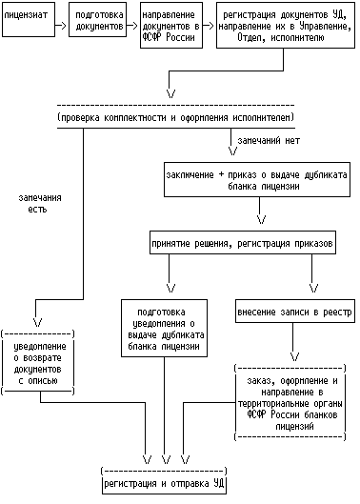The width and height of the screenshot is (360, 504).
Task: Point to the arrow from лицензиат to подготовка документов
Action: coord(61,26)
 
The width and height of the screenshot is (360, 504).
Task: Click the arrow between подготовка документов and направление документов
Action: coord(132,26)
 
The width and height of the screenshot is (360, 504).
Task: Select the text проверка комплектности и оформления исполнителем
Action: coord(176,117)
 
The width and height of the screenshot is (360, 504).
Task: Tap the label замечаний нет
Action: coord(269,140)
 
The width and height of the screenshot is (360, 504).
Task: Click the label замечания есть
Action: coord(40,204)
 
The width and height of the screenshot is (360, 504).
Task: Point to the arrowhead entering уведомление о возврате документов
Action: coord(38,322)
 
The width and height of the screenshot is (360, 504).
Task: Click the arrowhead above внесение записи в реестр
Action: coord(313,288)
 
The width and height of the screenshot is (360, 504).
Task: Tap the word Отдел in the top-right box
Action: coord(249,37)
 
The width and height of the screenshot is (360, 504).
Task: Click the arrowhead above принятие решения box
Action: coord(262,219)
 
